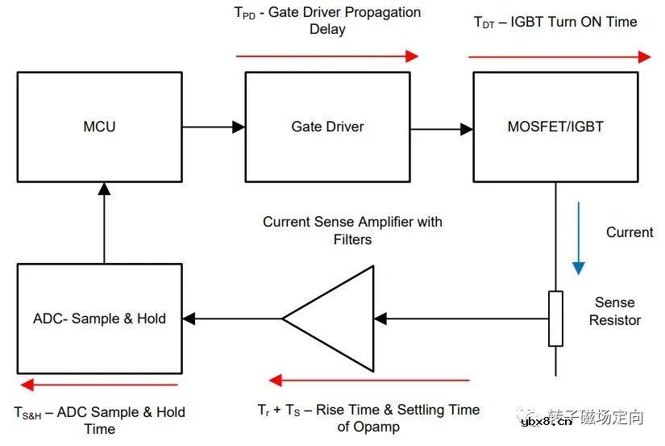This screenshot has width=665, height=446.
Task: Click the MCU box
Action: click(99, 127)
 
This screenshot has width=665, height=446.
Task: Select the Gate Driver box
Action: click(327, 127)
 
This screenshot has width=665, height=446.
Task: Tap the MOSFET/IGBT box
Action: click(555, 127)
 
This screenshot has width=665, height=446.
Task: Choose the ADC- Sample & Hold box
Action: click(99, 319)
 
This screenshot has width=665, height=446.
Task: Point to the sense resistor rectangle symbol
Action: click(555, 319)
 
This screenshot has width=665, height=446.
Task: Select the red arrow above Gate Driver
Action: click(327, 56)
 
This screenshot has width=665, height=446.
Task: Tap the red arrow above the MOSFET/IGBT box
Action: click(559, 56)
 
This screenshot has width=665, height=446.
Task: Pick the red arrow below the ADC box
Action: click(99, 385)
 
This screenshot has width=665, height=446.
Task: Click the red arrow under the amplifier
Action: click(369, 379)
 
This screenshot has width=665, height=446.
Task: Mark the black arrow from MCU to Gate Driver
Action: click(213, 127)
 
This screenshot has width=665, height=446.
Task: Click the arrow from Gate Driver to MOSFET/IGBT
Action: click(441, 127)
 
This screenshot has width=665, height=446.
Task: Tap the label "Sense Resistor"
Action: click(614, 311)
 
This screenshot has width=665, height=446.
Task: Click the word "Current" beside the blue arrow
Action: click(630, 232)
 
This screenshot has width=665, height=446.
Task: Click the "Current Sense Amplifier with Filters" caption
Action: click(352, 230)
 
